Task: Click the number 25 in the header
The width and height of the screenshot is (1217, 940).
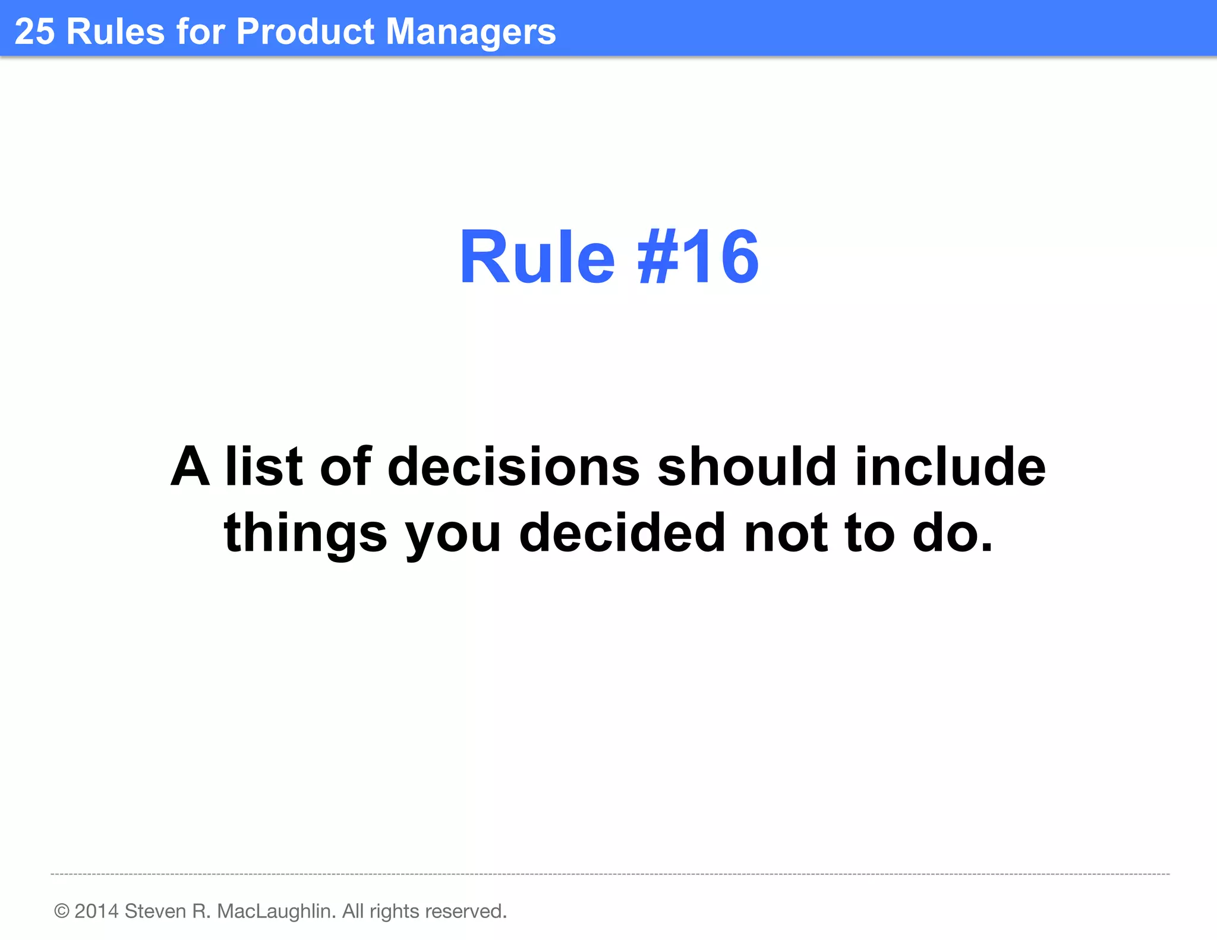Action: coord(34,31)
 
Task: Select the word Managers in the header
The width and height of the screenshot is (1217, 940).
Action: coord(471,33)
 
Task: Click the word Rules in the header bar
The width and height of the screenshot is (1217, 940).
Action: coord(115,31)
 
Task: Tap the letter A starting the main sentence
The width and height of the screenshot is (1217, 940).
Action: coord(190,467)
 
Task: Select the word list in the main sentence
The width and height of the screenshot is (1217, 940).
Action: coord(264,467)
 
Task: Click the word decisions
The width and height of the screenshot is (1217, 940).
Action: coord(513,467)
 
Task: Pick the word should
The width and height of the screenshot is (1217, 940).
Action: coord(748,467)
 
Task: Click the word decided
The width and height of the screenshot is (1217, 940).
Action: coord(622,534)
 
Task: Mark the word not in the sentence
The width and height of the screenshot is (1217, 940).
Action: coord(786,534)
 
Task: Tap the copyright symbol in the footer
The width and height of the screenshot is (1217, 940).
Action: coord(62,911)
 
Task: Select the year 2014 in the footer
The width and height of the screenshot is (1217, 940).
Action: coord(96,911)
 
